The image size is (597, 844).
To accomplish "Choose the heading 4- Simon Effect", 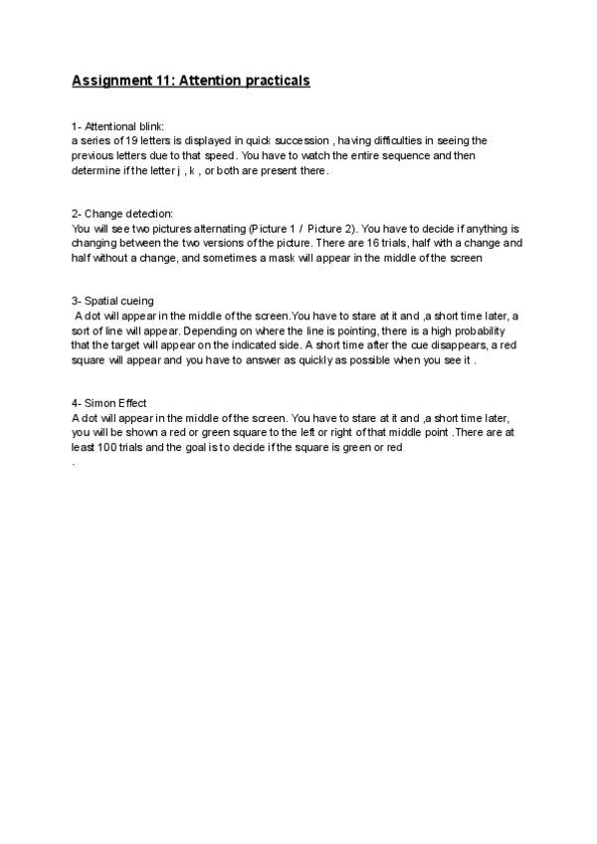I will point(109,403).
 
